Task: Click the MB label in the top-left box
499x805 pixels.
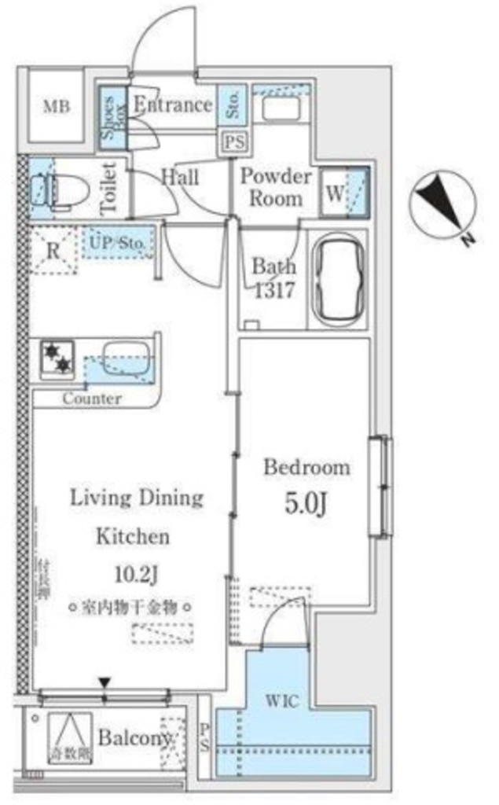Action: click(x=54, y=107)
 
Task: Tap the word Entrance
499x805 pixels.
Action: click(x=172, y=105)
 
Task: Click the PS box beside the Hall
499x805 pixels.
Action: click(x=232, y=143)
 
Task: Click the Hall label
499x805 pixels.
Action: click(x=179, y=177)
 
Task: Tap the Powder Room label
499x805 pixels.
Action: click(x=275, y=187)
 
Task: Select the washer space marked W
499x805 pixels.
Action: click(x=334, y=193)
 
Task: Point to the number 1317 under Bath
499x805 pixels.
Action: click(x=273, y=291)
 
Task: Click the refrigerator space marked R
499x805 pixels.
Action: click(x=53, y=252)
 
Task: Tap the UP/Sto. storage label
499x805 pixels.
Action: click(x=118, y=243)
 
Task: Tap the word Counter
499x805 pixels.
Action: click(x=92, y=399)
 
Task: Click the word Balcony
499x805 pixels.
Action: click(x=134, y=738)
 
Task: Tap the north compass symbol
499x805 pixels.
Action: click(x=442, y=205)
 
